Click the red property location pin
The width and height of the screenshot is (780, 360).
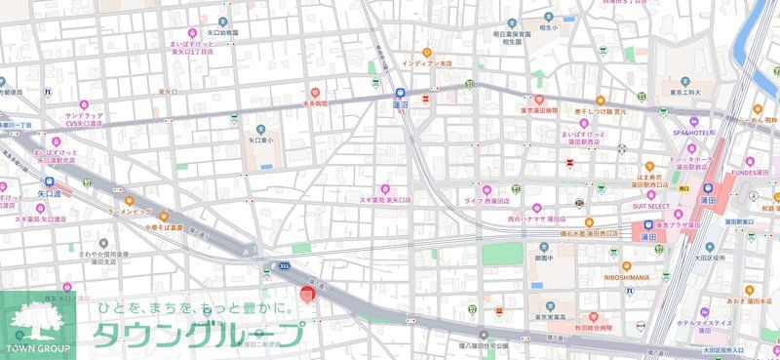pos(306,293)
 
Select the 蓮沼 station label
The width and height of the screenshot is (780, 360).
pos(400,103)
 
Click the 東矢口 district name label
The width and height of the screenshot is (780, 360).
pos(168,92)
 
